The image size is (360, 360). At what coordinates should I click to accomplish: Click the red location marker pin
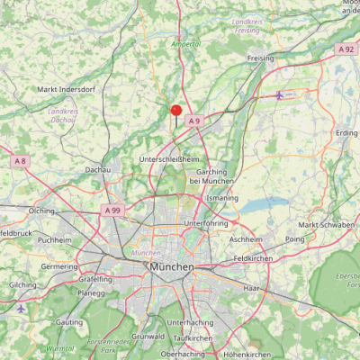(176, 112)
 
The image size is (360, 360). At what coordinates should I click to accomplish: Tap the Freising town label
(262, 58)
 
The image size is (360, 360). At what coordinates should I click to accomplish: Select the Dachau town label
(96, 169)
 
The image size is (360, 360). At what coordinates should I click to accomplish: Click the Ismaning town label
(222, 196)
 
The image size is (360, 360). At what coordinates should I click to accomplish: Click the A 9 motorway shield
(193, 120)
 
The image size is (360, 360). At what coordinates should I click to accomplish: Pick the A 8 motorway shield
(20, 161)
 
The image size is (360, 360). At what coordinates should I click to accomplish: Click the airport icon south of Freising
(281, 94)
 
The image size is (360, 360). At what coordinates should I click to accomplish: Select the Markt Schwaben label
(323, 224)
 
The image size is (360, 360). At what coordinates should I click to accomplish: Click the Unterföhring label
(205, 222)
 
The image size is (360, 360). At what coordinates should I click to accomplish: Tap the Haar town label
(251, 288)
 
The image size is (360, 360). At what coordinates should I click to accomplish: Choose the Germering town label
(59, 266)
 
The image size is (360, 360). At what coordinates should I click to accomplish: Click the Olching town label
(41, 210)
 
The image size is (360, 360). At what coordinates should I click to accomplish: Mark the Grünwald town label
(148, 336)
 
